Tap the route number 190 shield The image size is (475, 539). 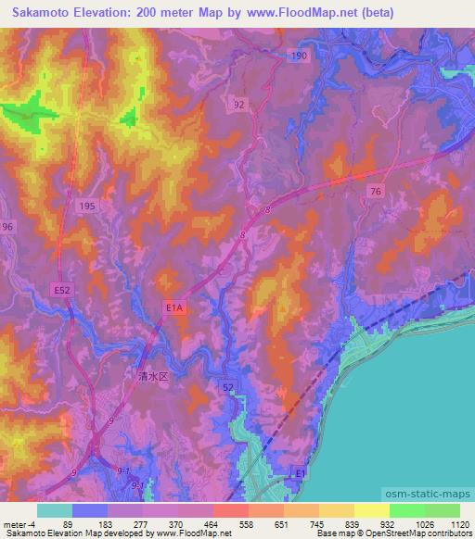tap(298, 56)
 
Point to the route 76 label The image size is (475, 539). tap(375, 191)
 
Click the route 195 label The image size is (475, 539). tap(87, 206)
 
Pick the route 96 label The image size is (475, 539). tap(7, 227)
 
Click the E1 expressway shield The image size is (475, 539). tap(299, 473)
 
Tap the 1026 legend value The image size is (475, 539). tap(421, 524)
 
